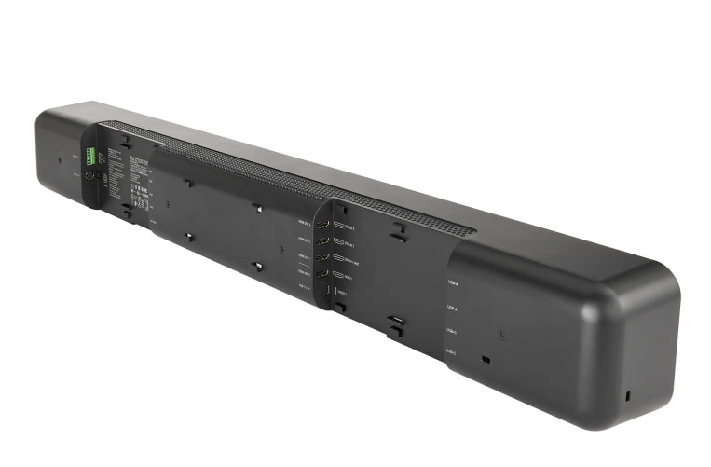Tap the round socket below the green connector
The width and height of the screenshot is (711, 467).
pyautogui.click(x=90, y=175)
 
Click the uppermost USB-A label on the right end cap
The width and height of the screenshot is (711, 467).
pyautogui.click(x=452, y=282)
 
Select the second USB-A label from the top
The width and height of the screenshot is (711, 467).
pyautogui.click(x=452, y=307)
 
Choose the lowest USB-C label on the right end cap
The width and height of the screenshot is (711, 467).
pyautogui.click(x=451, y=352)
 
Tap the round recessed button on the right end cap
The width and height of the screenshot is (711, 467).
pyautogui.click(x=503, y=333)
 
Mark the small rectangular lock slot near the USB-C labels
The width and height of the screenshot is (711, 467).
pyautogui.click(x=485, y=359)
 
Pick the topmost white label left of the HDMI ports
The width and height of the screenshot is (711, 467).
pyautogui.click(x=304, y=223)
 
